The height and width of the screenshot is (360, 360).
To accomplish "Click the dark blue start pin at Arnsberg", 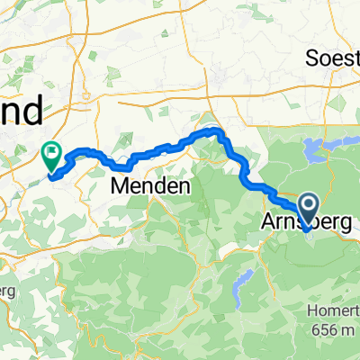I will pyautogui.click(x=308, y=209).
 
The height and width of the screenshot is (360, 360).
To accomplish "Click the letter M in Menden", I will pyautogui.click(x=120, y=187).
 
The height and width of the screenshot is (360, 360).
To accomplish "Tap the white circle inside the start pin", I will pyautogui.click(x=308, y=205).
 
